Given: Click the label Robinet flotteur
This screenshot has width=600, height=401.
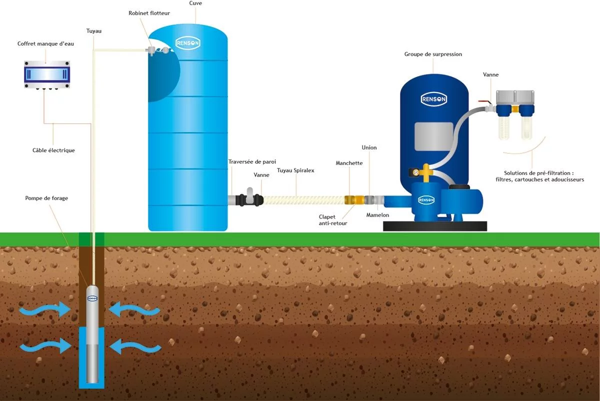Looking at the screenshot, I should click(x=149, y=13).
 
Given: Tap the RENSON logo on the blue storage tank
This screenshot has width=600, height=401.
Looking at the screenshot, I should click(x=188, y=43).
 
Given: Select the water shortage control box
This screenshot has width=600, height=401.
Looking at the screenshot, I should click(x=47, y=74).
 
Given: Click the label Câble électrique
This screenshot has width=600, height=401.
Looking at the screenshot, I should click(x=53, y=150).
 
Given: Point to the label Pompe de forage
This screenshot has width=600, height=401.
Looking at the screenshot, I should click(x=46, y=198).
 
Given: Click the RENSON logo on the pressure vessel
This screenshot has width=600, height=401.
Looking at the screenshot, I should click(x=433, y=98).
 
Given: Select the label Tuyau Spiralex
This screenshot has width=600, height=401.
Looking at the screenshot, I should click(x=295, y=170).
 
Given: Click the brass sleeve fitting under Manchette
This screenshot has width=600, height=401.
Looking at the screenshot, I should click(x=351, y=200).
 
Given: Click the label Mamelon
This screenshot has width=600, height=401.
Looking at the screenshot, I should click(x=377, y=215).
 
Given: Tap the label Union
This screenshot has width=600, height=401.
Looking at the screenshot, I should click(x=369, y=148).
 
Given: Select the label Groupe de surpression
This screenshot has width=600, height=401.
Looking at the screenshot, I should click(x=433, y=54).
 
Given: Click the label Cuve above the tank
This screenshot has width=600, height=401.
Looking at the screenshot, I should click(x=195, y=3).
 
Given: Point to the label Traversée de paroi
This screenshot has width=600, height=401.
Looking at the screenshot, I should click(x=252, y=161).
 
